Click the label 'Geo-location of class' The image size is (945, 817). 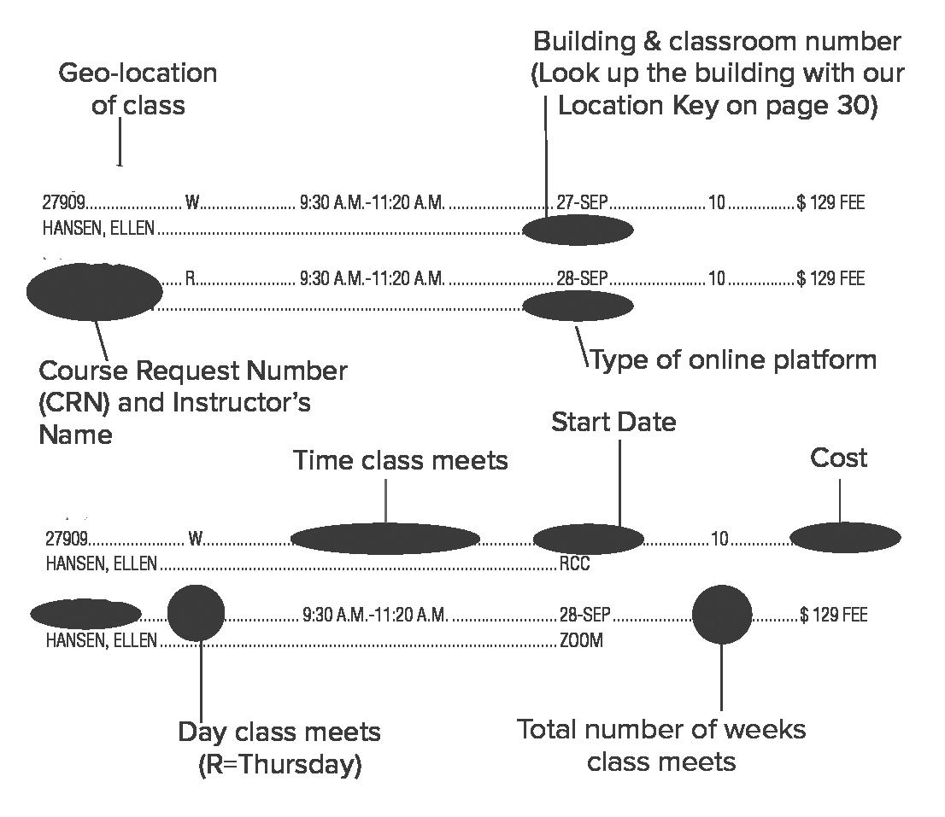point(138,89)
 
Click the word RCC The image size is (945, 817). point(574,564)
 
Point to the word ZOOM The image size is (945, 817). point(581,640)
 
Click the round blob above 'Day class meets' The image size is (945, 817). point(196,613)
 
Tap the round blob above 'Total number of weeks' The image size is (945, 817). point(722,615)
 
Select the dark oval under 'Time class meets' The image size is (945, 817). point(385,539)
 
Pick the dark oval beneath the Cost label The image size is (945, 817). point(845,538)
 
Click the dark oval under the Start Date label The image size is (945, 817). point(588,539)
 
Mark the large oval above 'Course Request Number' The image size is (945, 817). point(94,291)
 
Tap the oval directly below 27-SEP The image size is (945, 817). point(578,230)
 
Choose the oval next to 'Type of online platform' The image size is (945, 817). point(578,306)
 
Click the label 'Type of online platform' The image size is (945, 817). point(733,359)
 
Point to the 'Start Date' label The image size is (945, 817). point(613,422)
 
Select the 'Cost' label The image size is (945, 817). point(838,458)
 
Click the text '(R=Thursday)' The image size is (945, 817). point(279,765)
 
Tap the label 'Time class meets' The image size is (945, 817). point(400,460)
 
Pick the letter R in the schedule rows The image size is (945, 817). point(191,279)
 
